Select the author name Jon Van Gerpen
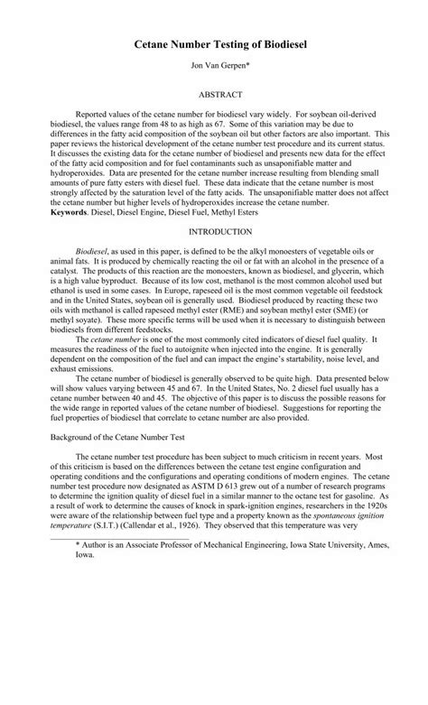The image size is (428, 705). coord(213,66)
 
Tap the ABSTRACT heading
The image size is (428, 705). coord(213,94)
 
